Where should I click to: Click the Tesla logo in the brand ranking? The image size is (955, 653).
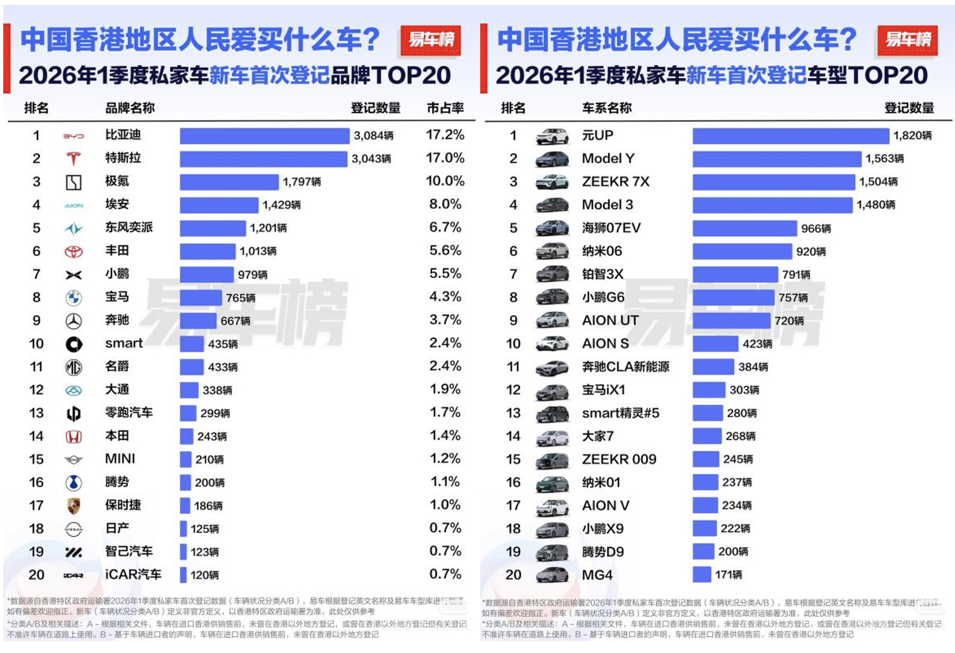[x=73, y=159]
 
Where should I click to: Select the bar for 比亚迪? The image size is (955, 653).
[x=264, y=135]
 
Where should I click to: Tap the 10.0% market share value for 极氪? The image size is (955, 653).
[x=445, y=181]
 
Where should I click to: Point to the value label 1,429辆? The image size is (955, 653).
[x=281, y=205]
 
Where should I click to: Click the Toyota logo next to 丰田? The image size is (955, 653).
[x=73, y=251]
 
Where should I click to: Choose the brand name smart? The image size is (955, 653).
[x=124, y=343]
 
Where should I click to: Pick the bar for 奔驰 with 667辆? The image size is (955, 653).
[x=198, y=321]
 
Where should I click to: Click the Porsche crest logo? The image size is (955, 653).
[x=73, y=506]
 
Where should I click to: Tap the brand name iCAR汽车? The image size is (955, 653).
[x=133, y=575]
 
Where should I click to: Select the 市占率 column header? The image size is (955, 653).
[x=445, y=108]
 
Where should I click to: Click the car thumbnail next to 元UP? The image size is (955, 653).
[x=551, y=136]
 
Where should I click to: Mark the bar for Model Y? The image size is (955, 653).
[x=776, y=159]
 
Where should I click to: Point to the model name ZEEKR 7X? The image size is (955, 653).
[x=615, y=182]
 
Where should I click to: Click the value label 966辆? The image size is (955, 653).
[x=815, y=228]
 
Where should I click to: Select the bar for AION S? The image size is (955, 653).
[x=715, y=344]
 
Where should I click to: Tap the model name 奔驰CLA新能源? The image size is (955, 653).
[x=625, y=367]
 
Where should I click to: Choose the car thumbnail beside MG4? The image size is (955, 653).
[x=551, y=575]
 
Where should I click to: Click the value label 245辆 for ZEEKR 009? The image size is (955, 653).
[x=738, y=459]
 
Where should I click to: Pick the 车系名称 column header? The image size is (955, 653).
[x=606, y=108]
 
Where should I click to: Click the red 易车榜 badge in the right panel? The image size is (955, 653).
[x=907, y=40]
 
